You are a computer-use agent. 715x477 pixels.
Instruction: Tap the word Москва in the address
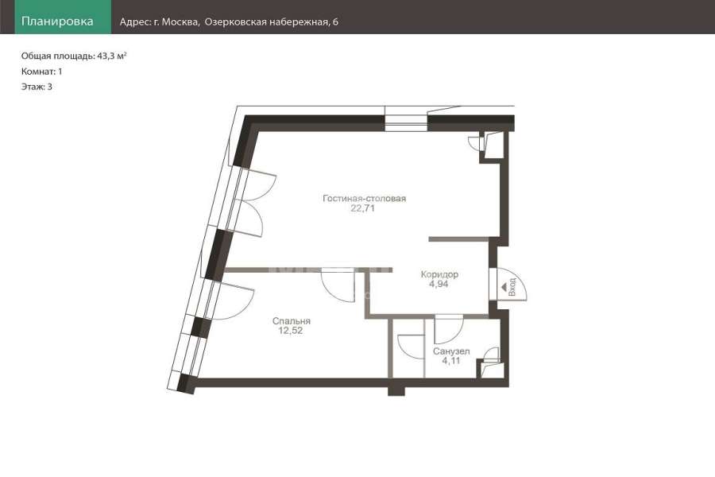[x=180, y=22]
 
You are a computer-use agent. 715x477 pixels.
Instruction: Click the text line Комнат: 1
[x=41, y=72]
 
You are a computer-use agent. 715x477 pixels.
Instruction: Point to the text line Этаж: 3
[x=37, y=87]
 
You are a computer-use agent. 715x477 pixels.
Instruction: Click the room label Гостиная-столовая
[x=365, y=199]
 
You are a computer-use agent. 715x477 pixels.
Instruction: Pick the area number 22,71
[x=362, y=208]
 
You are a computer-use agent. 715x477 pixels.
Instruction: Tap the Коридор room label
[x=439, y=274]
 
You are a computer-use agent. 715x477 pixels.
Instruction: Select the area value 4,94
[x=439, y=284]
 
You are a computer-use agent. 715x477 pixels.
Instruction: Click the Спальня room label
[x=292, y=321]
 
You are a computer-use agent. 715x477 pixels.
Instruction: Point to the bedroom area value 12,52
[x=291, y=331]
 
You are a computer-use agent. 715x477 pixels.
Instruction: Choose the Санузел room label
[x=451, y=351]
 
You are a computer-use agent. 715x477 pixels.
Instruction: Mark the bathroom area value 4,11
[x=451, y=361]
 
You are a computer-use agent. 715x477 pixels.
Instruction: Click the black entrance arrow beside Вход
[x=504, y=288]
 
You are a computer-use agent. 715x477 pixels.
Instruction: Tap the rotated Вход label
[x=512, y=287]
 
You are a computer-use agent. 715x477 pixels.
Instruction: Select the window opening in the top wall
[x=406, y=118]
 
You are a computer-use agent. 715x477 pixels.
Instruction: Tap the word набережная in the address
[x=298, y=22]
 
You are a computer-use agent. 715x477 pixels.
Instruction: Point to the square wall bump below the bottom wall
[x=396, y=390]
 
